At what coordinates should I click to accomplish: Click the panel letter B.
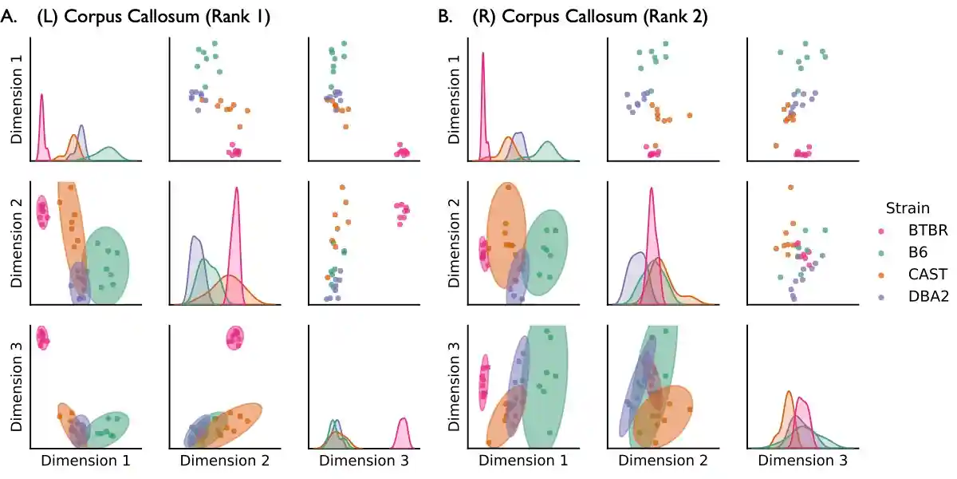click(446, 18)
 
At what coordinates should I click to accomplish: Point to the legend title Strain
click(908, 208)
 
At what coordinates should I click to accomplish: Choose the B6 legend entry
click(917, 252)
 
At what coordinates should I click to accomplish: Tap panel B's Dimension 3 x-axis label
click(802, 461)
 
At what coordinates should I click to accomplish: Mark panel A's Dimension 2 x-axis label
click(224, 461)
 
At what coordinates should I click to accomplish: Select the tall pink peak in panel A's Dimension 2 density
click(236, 239)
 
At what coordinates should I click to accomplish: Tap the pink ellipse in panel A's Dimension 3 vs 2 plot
click(235, 338)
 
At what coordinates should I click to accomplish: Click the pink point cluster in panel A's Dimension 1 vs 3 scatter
click(403, 152)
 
